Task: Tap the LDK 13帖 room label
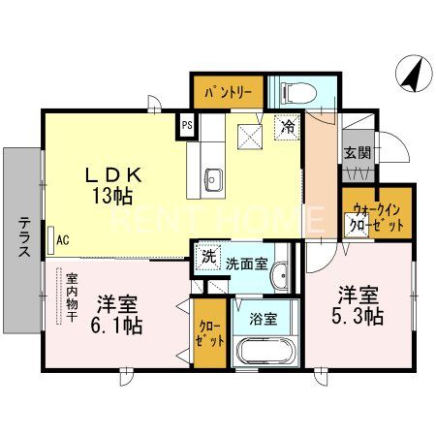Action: coord(114,185)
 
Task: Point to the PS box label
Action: coord(187,125)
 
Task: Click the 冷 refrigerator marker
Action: coord(287,126)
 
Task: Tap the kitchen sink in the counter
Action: coord(214,178)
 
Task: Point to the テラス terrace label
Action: coord(22,235)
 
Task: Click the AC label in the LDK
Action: coord(62,239)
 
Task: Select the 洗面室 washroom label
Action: coord(245,263)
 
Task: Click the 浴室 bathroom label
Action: coord(263,317)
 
